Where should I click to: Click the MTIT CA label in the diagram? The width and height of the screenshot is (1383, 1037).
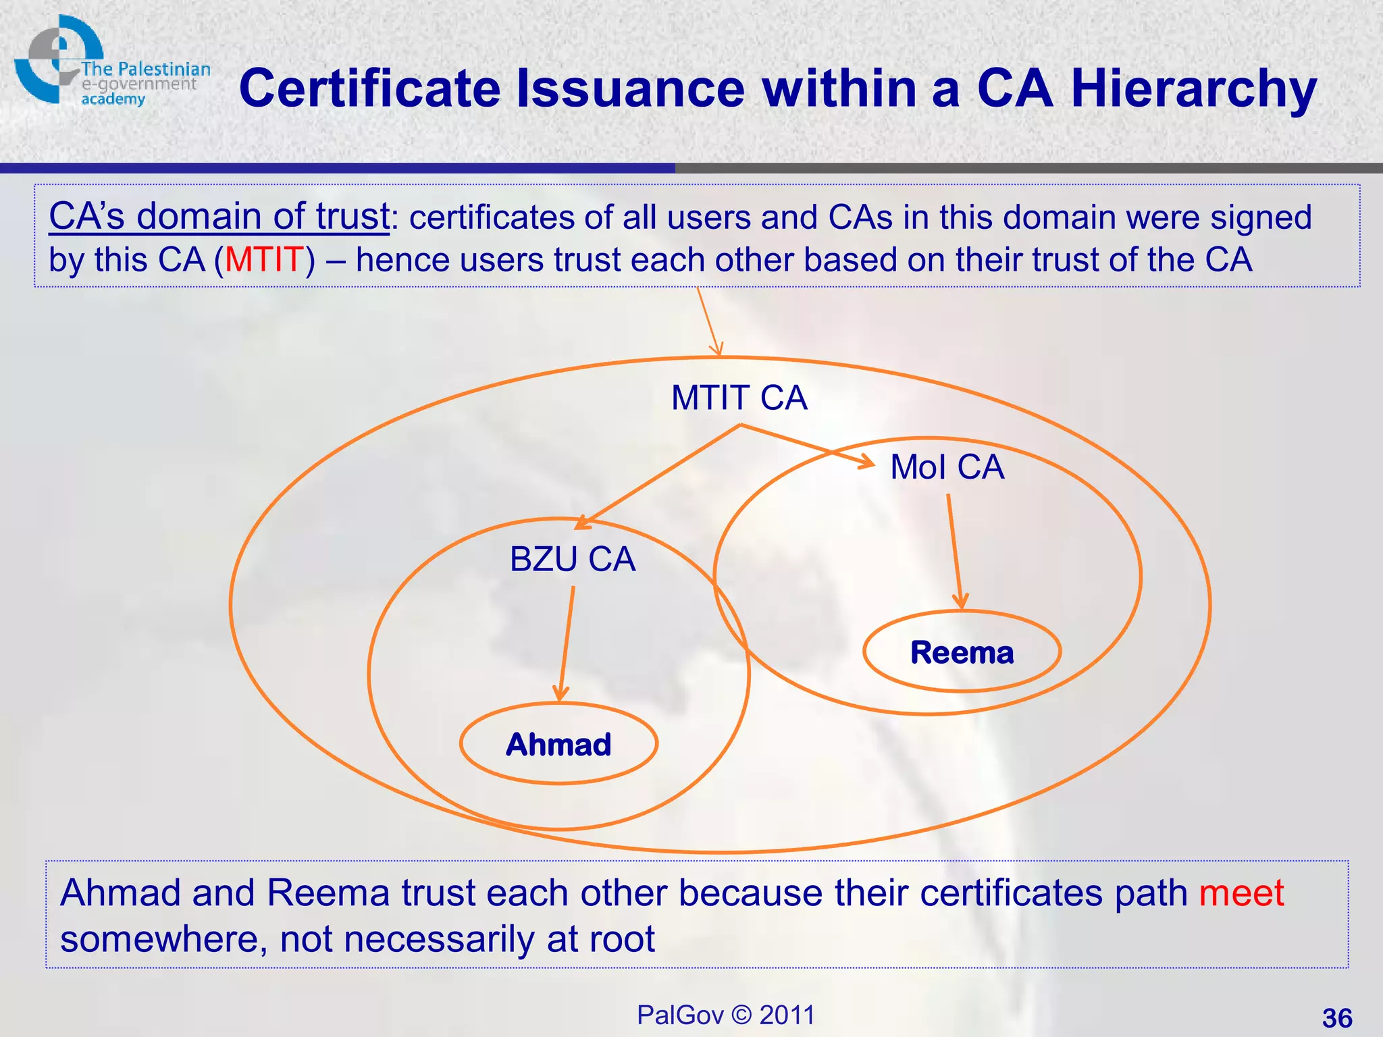pos(739,398)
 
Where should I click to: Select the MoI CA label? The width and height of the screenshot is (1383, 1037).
pos(947,467)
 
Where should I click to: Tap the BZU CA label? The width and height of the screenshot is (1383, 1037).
pos(573,560)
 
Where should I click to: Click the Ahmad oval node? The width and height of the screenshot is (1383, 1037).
pos(558,744)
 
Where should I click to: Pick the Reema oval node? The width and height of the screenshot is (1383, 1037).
pos(962,652)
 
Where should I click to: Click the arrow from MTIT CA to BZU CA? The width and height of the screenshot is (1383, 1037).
pos(658,477)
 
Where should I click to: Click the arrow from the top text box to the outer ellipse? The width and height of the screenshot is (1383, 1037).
pos(709,321)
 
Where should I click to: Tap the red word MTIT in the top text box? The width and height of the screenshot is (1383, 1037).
pos(264,260)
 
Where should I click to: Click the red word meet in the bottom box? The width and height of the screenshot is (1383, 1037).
pos(1241,893)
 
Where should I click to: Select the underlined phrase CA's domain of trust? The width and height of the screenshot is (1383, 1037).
pos(219,217)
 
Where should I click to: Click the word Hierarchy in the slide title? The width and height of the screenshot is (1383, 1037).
pos(1193,89)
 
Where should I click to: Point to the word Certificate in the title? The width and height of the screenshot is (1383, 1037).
pos(370,89)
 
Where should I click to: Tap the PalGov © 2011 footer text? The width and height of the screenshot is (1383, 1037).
pos(725,1015)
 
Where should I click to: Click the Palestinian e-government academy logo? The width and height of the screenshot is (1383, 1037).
pos(108,62)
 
